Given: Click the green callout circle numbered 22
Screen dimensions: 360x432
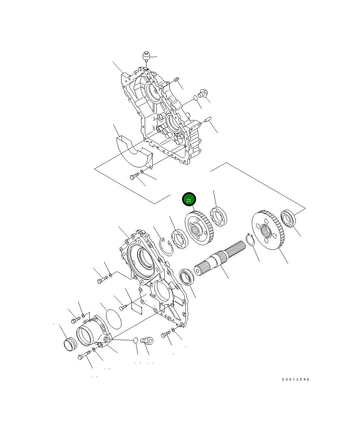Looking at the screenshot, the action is [x=189, y=199].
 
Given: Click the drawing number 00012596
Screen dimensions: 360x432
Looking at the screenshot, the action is [x=296, y=380].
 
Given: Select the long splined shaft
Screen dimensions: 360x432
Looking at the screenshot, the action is [x=220, y=258].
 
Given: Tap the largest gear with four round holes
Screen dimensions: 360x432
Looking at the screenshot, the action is [x=268, y=230].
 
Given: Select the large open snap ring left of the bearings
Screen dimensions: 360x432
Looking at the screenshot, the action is [x=166, y=247].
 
